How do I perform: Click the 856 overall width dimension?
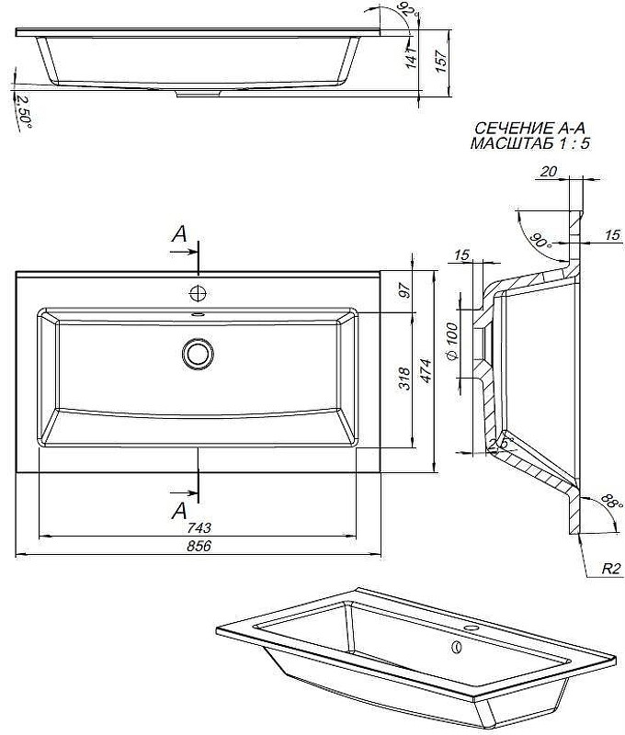(199, 547)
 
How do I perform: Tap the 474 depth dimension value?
(426, 372)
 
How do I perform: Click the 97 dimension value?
(403, 292)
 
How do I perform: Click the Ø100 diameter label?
(452, 342)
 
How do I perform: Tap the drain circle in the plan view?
(197, 353)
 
